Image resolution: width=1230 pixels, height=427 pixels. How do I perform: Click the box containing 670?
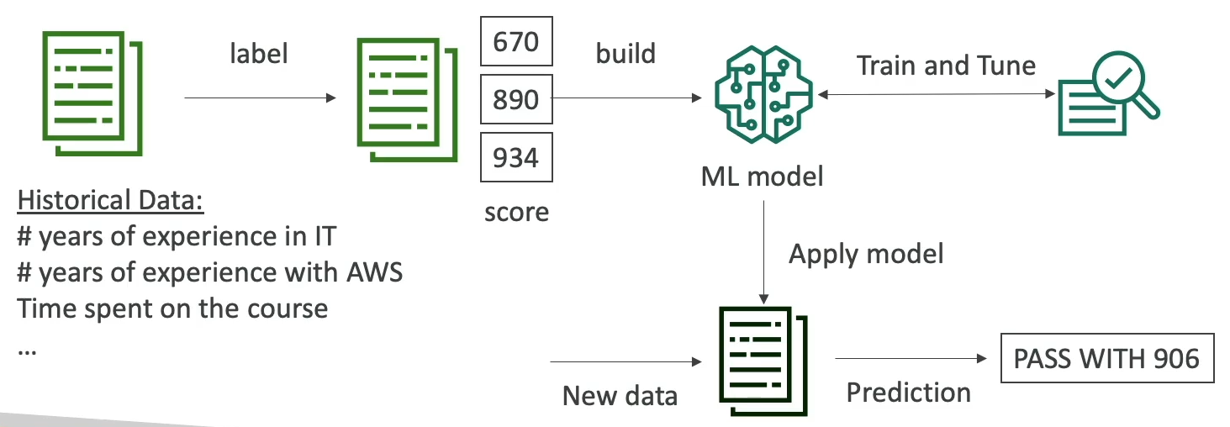click(516, 40)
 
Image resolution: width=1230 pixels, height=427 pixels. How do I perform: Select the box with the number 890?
click(516, 99)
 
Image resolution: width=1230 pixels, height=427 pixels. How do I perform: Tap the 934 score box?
click(516, 157)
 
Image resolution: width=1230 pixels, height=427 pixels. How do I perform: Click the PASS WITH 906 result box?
click(1106, 359)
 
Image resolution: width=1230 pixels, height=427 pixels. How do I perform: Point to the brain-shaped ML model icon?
click(763, 98)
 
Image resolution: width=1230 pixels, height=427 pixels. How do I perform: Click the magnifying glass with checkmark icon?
click(1108, 100)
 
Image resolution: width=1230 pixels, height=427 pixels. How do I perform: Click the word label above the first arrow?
click(259, 55)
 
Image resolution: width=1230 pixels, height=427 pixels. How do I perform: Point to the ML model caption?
click(762, 177)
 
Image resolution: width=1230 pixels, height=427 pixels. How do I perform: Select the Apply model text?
click(866, 253)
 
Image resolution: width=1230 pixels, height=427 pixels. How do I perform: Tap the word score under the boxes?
click(516, 212)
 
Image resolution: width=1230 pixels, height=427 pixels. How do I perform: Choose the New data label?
click(620, 396)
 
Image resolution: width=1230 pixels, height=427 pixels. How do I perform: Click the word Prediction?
click(908, 392)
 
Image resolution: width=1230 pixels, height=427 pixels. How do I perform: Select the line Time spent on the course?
click(172, 308)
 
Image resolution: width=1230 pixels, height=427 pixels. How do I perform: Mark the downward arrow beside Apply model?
click(763, 252)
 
